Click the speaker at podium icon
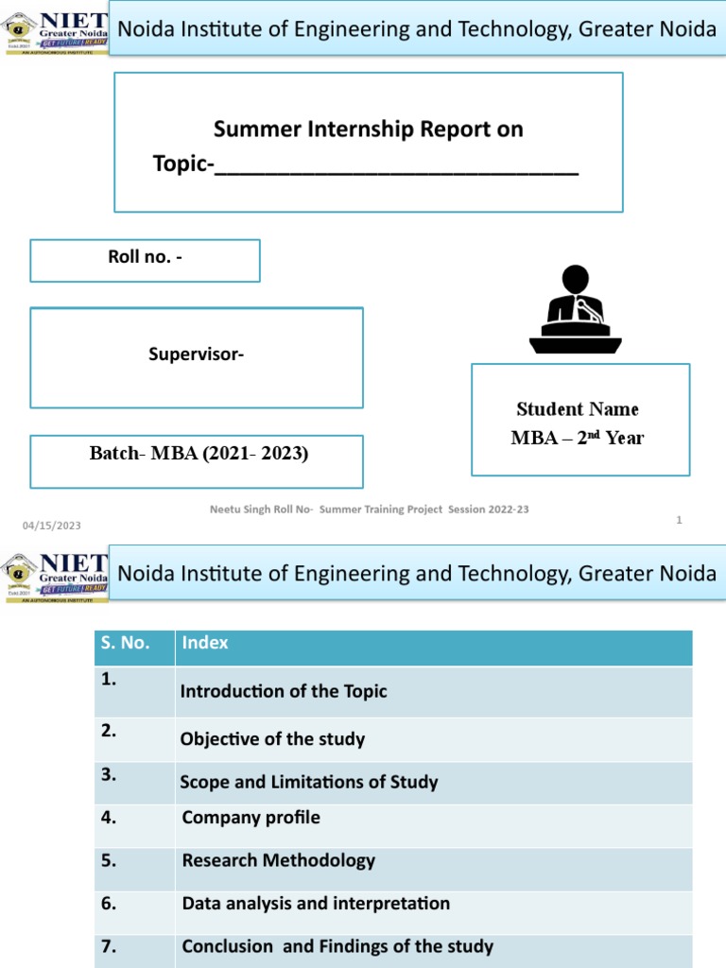(575, 310)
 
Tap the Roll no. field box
(145, 260)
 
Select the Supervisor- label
(196, 354)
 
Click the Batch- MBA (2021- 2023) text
(199, 453)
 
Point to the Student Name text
(578, 409)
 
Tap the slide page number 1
(679, 520)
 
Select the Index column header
(205, 643)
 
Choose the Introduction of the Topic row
(284, 691)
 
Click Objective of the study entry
(272, 739)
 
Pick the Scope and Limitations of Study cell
(309, 782)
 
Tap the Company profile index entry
(251, 818)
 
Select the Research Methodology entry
(279, 860)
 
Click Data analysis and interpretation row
(316, 904)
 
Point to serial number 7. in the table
(110, 945)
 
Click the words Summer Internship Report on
(368, 129)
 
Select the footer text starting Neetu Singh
(369, 510)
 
